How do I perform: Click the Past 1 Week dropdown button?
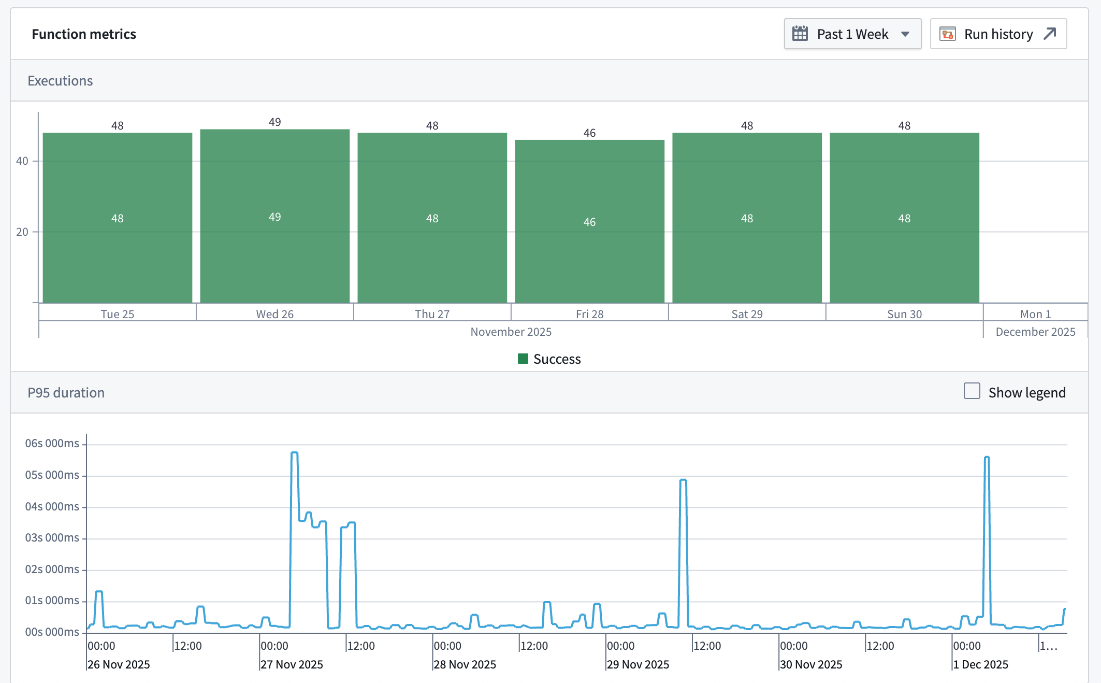[852, 34]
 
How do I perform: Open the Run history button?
[998, 34]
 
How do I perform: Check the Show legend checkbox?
[972, 391]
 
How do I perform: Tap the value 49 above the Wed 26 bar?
[274, 122]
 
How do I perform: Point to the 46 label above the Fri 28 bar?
[589, 133]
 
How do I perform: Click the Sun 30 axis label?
[904, 314]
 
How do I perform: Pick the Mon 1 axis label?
[1035, 314]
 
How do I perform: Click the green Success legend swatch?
[523, 359]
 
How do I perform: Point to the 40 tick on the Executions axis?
[22, 161]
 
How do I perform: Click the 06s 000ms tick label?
[52, 444]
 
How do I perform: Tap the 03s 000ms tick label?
[52, 538]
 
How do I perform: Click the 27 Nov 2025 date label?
[292, 664]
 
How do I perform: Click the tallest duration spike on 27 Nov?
[294, 453]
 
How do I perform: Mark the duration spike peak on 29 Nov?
[683, 480]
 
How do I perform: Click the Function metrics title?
[84, 34]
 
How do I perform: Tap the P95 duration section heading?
[66, 393]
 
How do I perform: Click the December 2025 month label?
[1035, 332]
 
